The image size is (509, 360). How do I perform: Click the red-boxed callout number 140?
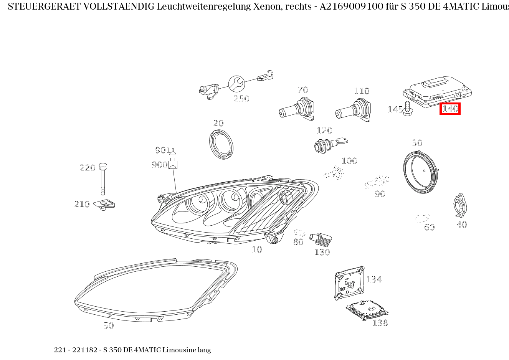coord(450,109)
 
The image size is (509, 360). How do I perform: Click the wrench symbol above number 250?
coord(236,83)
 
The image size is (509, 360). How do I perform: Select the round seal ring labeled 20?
coord(221,144)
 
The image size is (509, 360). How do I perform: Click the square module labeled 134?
coord(349,283)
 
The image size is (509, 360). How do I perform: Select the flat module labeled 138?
coord(366,309)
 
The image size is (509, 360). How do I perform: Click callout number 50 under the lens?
coord(109,325)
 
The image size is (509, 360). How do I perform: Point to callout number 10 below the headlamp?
coord(257,249)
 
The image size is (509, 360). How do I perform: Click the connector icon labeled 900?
coord(173,163)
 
